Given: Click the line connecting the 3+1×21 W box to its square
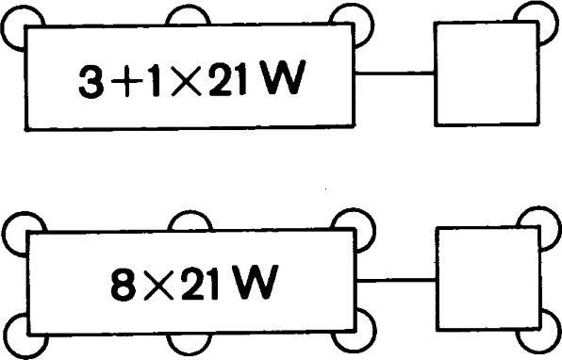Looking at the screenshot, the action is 396,74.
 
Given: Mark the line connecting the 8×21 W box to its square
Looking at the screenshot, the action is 396,278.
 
